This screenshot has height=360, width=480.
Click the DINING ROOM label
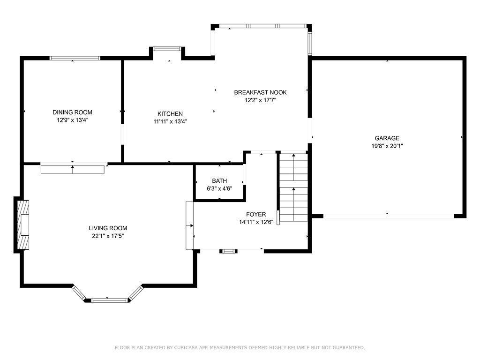coord(72,112)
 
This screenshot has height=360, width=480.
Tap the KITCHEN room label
coord(170,114)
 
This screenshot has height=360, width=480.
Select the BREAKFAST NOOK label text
coord(260,92)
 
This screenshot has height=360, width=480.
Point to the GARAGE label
coord(387,138)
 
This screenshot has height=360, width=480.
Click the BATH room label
coord(219,181)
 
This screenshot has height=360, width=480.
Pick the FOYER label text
coord(256,214)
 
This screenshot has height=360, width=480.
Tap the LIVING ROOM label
coord(108,228)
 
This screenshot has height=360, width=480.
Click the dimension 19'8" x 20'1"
coord(387,146)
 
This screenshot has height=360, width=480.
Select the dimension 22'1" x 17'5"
coord(108,236)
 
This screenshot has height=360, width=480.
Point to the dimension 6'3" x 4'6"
coord(219,188)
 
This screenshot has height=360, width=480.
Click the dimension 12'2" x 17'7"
coord(260,100)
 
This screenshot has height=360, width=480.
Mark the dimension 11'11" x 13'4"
coord(170,121)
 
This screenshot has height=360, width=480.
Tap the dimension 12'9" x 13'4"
coord(72,120)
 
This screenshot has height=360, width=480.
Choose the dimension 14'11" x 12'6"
coord(256,222)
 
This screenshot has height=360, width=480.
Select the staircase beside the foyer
coord(293,187)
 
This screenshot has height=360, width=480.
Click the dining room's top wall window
coord(75,58)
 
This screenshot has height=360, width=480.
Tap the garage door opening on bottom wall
coord(389,216)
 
